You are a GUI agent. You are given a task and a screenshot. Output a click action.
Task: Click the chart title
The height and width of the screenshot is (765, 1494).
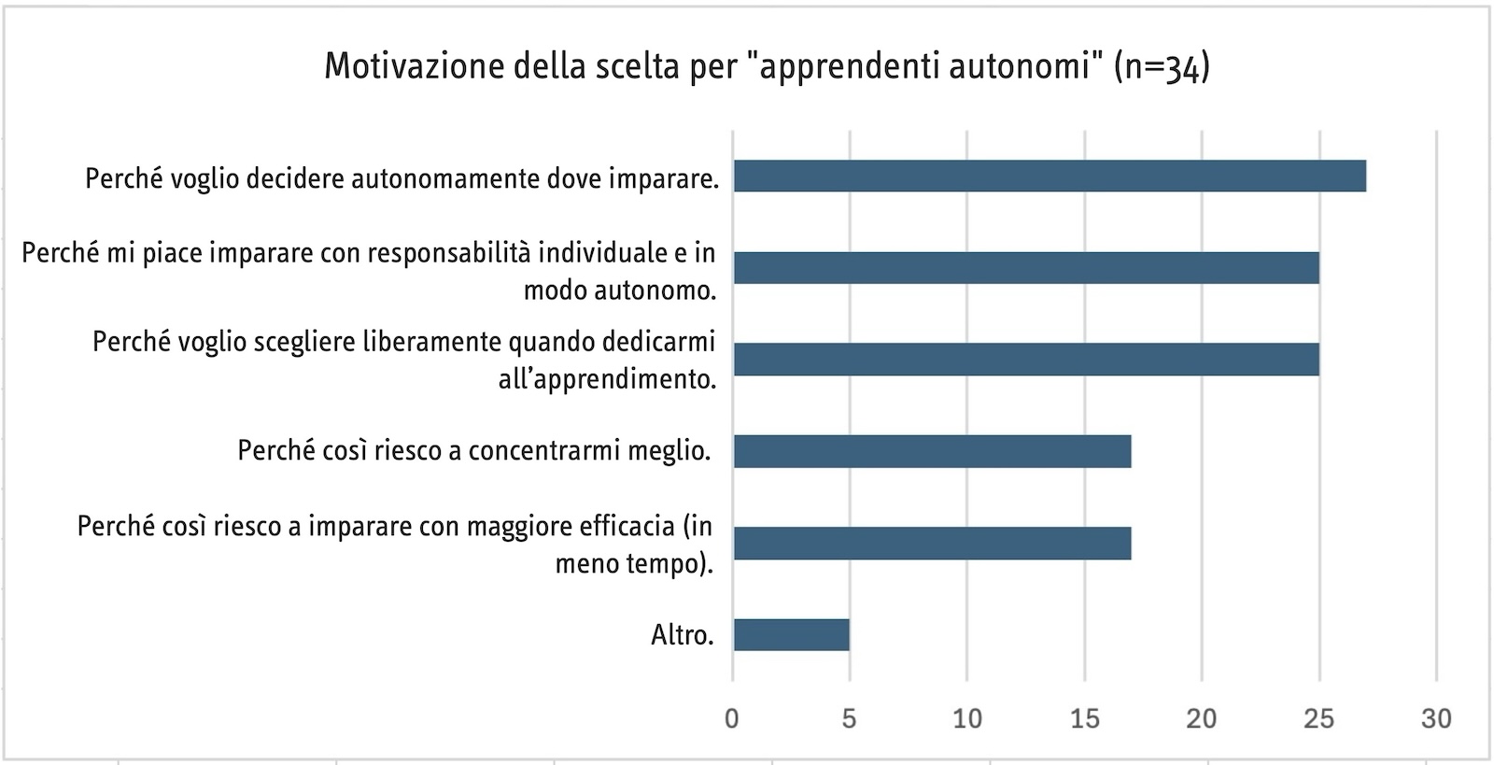pos(767,66)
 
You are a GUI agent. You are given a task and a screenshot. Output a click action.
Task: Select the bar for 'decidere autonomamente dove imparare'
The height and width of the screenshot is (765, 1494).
pos(1050,177)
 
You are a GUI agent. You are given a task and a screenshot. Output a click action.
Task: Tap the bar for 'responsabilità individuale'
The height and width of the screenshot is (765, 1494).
pos(1026,268)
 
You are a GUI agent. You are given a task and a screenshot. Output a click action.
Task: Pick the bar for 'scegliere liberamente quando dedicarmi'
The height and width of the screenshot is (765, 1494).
pos(1026,360)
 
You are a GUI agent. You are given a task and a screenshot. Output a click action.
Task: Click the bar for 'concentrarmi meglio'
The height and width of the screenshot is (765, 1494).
pos(933,451)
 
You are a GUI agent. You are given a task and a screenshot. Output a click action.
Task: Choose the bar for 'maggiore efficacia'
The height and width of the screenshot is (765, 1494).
pos(933,543)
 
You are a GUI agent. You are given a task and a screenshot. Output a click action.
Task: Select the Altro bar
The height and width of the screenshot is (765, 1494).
pos(792,635)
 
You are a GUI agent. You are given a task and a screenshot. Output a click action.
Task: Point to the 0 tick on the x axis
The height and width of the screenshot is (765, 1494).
pos(732,718)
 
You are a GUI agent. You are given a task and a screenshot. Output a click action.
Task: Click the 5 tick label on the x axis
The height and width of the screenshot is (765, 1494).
pos(849,718)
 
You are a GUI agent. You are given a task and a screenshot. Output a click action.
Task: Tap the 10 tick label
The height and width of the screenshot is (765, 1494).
pos(967,718)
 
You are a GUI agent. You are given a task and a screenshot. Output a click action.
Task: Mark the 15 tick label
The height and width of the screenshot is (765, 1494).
pos(1084,718)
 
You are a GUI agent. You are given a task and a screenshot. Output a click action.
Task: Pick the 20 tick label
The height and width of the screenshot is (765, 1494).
pos(1201,718)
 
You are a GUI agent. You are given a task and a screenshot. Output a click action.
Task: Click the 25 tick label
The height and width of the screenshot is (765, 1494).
pos(1318,718)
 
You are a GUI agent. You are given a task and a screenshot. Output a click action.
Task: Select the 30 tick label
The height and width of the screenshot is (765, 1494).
pos(1436,718)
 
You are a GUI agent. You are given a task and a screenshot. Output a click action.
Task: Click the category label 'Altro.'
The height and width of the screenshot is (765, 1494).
pos(683,635)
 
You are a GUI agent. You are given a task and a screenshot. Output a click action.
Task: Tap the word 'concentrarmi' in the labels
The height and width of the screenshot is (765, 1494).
pos(545,451)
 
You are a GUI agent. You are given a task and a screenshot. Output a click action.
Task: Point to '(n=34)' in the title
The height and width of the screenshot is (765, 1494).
pos(1162,67)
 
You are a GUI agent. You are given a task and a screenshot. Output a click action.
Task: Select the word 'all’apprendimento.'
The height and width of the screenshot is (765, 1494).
pos(607,379)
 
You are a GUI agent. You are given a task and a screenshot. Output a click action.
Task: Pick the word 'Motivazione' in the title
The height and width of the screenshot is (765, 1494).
pos(414,66)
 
